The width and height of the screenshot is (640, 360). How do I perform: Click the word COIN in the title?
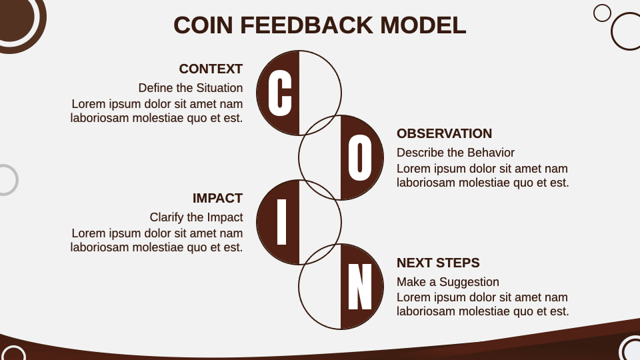tap(203, 25)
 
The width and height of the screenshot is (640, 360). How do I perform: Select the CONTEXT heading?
tap(211, 69)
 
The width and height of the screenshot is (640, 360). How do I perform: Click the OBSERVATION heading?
tap(444, 133)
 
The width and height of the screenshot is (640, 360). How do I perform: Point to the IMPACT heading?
tap(217, 198)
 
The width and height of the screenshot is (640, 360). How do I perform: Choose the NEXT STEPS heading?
tap(438, 263)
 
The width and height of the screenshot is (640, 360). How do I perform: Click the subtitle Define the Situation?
tap(191, 88)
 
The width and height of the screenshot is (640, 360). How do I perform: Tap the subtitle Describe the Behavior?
tap(455, 153)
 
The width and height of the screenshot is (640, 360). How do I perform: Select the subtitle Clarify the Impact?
tap(196, 217)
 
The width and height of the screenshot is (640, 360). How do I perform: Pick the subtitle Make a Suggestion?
tap(447, 282)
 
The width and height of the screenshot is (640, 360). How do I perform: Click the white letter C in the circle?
tap(280, 93)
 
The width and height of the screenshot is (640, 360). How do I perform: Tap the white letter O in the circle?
tap(360, 157)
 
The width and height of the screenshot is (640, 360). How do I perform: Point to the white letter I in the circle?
tap(282, 222)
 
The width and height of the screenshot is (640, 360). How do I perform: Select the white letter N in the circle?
tap(360, 287)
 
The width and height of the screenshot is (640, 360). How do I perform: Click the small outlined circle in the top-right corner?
tap(602, 13)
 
